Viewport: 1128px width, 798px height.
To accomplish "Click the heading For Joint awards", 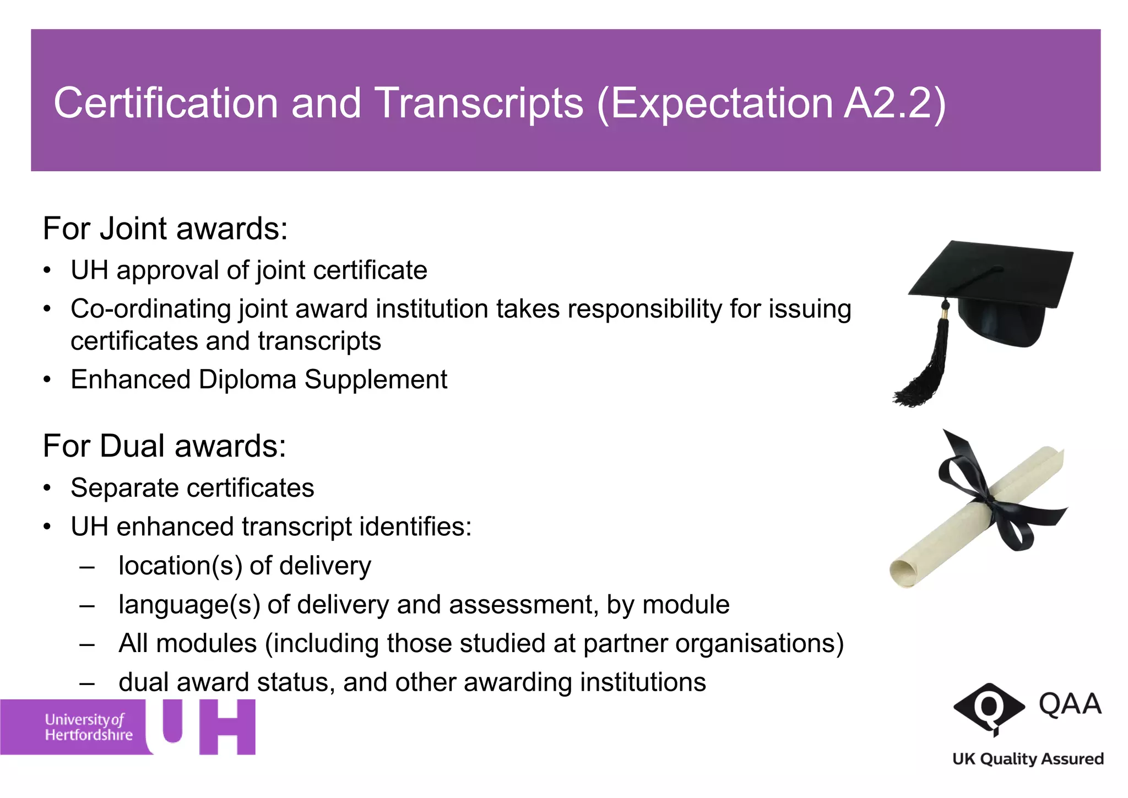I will (165, 229).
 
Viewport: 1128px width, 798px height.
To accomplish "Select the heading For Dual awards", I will (165, 446).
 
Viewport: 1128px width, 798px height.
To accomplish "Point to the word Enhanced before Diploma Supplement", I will (131, 379).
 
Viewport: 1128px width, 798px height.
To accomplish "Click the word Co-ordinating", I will (150, 309).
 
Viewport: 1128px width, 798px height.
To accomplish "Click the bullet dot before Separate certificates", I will (48, 488).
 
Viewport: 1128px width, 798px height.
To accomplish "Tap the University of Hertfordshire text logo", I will (88, 727).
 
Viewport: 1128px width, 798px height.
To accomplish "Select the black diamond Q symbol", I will (989, 707).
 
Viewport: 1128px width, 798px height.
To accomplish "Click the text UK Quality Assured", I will (1028, 759).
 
